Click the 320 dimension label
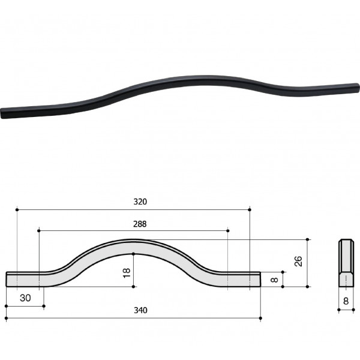pyautogui.click(x=140, y=202)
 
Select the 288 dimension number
pyautogui.click(x=140, y=224)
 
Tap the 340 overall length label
pyautogui.click(x=140, y=310)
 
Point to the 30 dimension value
pyautogui.click(x=25, y=298)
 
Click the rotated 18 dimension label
pyautogui.click(x=127, y=273)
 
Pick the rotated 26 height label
pyautogui.click(x=298, y=261)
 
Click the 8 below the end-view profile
pyautogui.click(x=346, y=301)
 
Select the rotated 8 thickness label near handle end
pyautogui.click(x=274, y=280)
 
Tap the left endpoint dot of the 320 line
pyautogui.click(x=17, y=209)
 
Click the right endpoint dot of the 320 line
pyautogui.click(x=250, y=209)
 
